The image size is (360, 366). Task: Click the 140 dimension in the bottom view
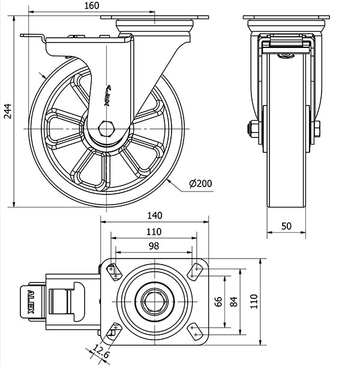[154, 215]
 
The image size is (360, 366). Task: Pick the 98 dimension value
[154, 246]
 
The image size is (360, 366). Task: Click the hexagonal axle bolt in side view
[107, 128]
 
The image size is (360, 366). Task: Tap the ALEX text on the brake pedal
[31, 302]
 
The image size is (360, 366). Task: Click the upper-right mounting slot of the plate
[196, 271]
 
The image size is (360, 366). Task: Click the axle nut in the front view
[253, 128]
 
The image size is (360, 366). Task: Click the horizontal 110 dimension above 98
[154, 232]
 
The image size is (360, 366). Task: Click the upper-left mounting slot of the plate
[113, 271]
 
